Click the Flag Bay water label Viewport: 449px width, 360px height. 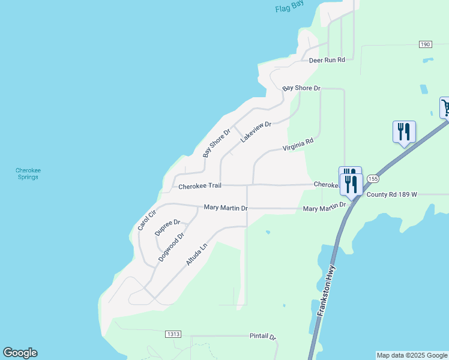coord(290,7)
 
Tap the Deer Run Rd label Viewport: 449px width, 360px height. coord(327,60)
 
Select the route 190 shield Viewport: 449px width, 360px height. coord(425,45)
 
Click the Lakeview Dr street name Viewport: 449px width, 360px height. coord(256,132)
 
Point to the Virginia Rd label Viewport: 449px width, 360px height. coord(298,145)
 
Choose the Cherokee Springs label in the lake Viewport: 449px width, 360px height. coord(28,173)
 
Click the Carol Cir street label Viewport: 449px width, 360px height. coord(146,220)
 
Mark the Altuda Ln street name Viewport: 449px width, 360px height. coord(196,254)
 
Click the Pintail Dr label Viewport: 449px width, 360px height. coord(262,337)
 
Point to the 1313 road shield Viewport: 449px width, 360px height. coord(173,334)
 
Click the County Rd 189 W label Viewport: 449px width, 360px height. coord(391,194)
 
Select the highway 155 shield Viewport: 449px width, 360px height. coord(373,179)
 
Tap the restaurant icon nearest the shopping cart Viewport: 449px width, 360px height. coord(403,131)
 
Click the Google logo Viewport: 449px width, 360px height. coord(20,353)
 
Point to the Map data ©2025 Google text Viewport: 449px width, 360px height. coord(412,355)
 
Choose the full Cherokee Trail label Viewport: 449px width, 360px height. coord(200,187)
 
